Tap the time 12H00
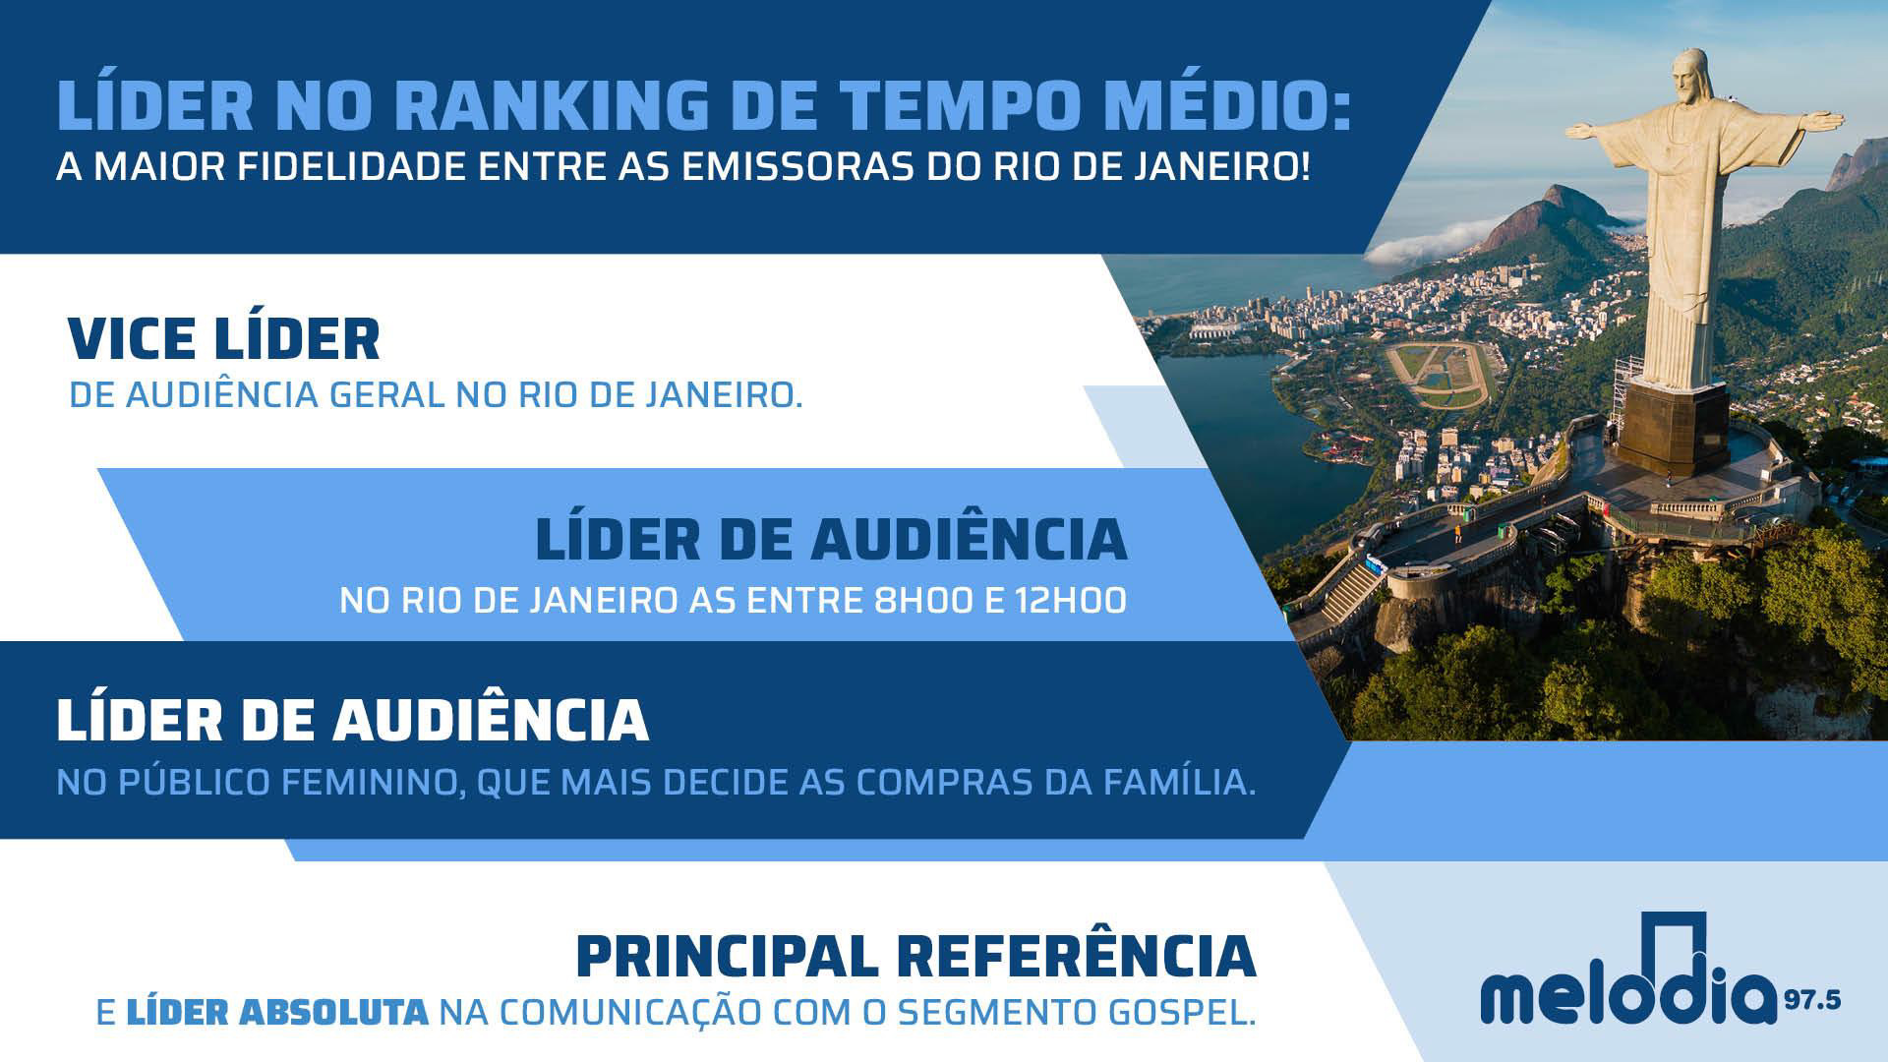coord(1071,600)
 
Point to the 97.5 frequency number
coord(1813,1002)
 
